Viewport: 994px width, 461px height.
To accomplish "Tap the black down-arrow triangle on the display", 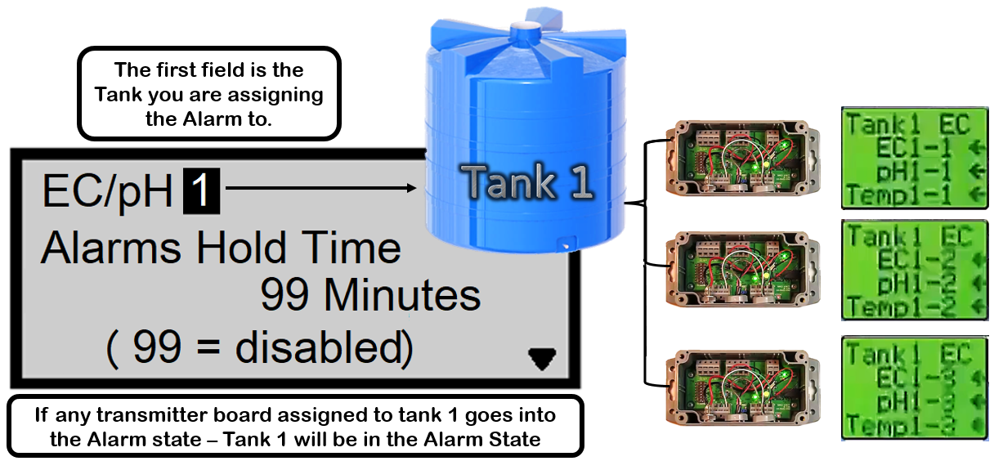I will (541, 357).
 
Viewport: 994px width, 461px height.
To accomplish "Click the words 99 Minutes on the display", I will (370, 295).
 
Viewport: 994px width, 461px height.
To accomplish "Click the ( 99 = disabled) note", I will (260, 349).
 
